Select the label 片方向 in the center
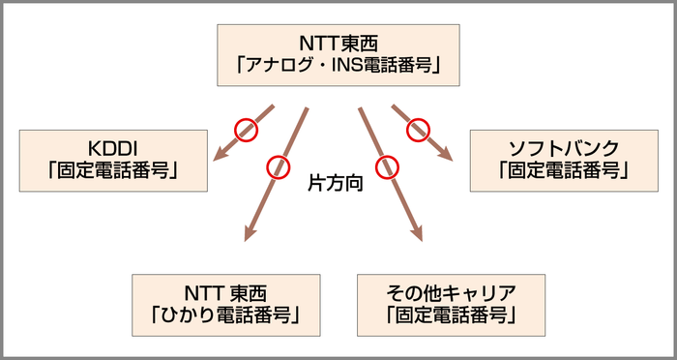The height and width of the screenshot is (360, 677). pos(335,181)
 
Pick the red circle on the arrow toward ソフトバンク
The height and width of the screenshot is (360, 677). pos(418,126)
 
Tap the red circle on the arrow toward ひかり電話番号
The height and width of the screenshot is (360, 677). pos(278,166)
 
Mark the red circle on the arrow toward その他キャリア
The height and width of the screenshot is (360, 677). pos(388,166)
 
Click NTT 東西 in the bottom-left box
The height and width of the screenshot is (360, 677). pos(227,291)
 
